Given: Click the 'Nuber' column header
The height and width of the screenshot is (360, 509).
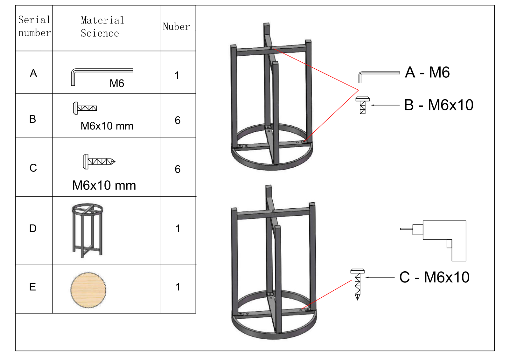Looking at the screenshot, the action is [176, 27].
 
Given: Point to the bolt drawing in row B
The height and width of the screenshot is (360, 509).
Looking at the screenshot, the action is [85, 108].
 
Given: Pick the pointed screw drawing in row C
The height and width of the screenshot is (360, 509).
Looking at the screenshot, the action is [99, 162].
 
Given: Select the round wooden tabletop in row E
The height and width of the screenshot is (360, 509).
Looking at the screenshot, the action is [88, 290].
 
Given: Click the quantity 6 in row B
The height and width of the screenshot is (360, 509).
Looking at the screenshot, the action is [178, 120].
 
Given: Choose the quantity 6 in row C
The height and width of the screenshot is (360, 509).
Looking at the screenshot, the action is [178, 169].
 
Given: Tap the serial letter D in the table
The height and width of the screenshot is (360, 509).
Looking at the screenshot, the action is [33, 228].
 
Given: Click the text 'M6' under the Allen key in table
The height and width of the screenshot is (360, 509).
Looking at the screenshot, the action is [117, 83].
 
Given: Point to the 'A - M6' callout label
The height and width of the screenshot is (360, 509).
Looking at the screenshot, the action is [428, 73].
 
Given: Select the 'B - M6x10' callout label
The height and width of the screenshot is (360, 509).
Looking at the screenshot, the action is [439, 105].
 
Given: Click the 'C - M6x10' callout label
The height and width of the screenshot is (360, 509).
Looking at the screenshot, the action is [435, 277].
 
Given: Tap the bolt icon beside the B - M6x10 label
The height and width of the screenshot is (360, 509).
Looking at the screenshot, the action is [363, 105].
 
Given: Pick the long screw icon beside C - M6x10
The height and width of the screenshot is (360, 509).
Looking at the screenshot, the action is [358, 284].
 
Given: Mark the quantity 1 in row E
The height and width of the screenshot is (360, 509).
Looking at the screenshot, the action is [178, 287].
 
